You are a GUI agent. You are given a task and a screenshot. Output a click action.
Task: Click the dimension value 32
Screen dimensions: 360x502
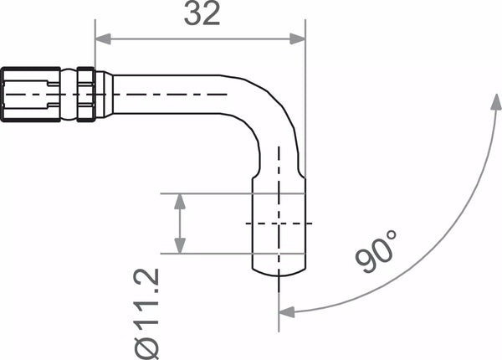201,14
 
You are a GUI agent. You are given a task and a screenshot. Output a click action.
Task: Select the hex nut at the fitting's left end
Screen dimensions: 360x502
30,93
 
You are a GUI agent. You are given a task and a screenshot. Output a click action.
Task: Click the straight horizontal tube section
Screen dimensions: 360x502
167,94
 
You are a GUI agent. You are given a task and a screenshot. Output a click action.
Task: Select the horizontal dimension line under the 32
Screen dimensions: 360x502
201,38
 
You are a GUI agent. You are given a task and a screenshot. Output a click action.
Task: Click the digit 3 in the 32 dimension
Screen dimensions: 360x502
190,14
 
